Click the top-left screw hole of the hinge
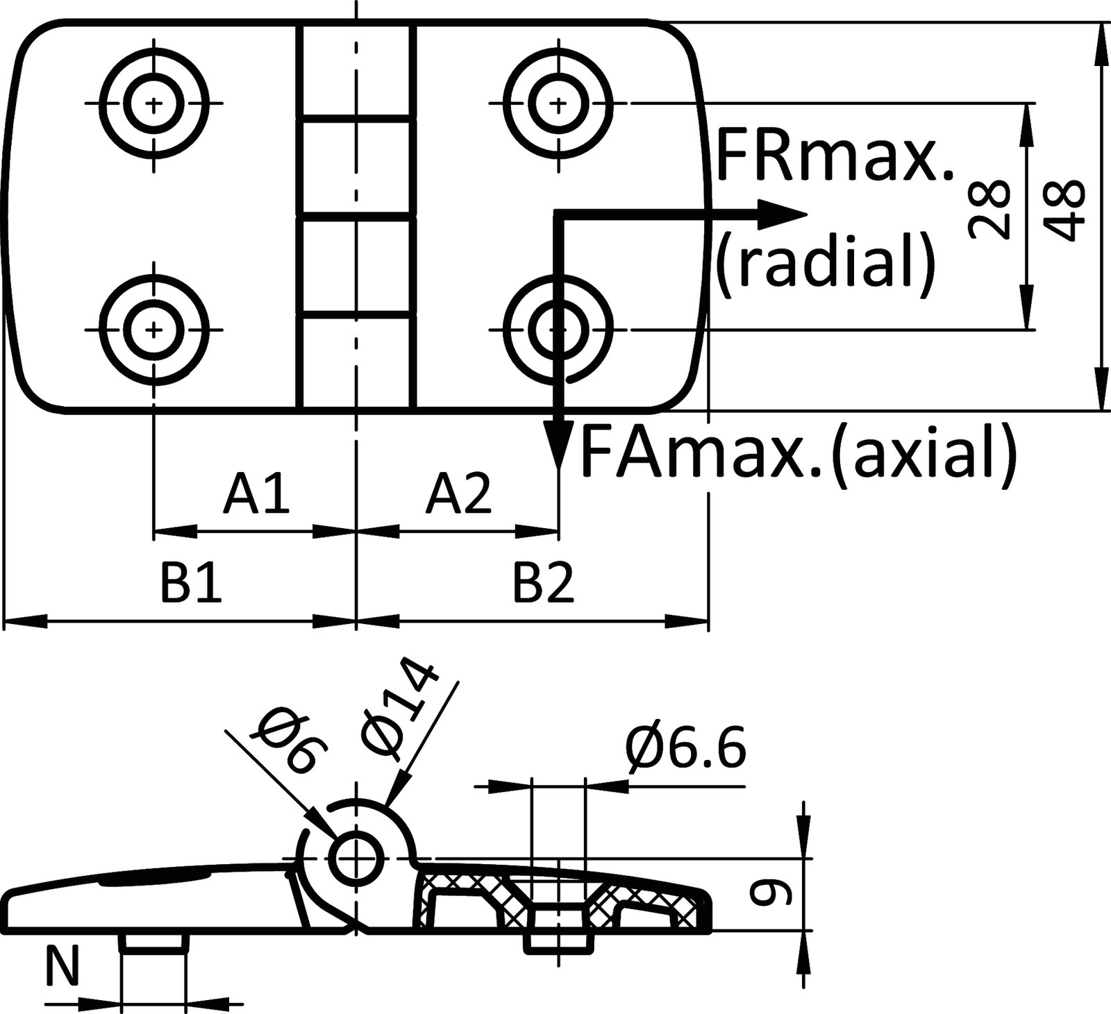click(x=153, y=104)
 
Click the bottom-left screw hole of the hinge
click(x=153, y=328)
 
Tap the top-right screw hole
click(x=558, y=104)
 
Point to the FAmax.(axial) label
click(x=799, y=453)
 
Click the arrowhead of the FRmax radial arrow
click(x=781, y=214)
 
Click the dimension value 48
click(x=1064, y=210)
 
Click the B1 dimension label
click(x=192, y=584)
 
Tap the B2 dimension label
click(x=544, y=584)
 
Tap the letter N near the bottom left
click(x=63, y=967)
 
